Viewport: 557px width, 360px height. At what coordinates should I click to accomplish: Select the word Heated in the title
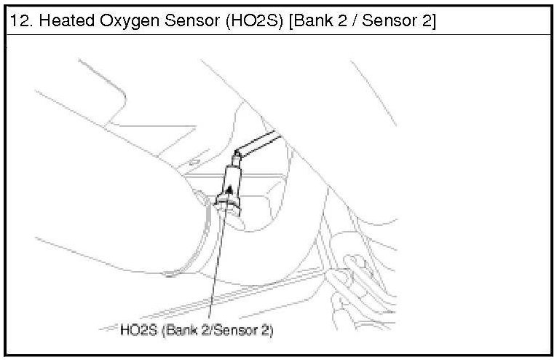(x=67, y=20)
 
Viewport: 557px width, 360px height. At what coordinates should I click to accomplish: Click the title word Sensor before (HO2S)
(x=192, y=20)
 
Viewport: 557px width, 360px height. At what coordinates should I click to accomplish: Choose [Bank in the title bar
(x=310, y=21)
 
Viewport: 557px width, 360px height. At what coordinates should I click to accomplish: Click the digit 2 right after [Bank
(x=342, y=20)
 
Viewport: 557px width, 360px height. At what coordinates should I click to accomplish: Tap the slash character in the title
(x=355, y=21)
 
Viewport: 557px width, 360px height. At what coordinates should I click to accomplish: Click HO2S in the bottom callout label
(x=138, y=330)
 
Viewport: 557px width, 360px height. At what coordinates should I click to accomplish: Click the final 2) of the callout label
(x=268, y=331)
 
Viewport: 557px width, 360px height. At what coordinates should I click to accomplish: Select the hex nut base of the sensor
(x=227, y=205)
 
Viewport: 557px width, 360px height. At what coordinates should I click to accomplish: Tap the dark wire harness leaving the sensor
(x=259, y=143)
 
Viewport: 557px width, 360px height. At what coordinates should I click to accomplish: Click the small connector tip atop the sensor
(x=236, y=158)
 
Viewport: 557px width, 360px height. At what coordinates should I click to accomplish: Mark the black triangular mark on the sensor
(x=230, y=189)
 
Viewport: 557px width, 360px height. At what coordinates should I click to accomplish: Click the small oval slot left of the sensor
(x=194, y=163)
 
